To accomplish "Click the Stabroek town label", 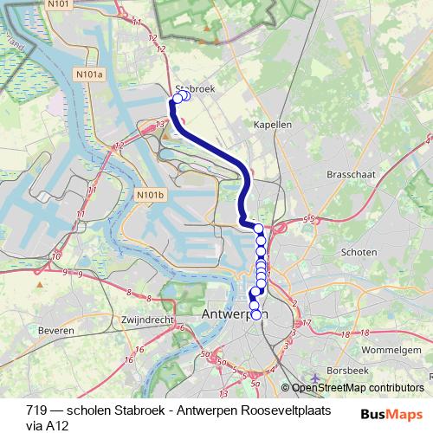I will pos(195,88).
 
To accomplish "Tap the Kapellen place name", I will pos(273,125).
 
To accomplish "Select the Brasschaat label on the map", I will pos(351,174).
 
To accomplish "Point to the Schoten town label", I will pos(359,252).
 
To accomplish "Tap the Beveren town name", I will pos(56,332).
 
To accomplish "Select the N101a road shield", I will pos(89,75).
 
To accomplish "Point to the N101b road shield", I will pos(149,196).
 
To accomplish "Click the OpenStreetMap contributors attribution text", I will pos(357,389).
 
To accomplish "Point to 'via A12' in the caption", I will pos(48,425).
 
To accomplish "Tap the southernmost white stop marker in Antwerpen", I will pos(255,315).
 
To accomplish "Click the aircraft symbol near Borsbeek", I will pos(319,378).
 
